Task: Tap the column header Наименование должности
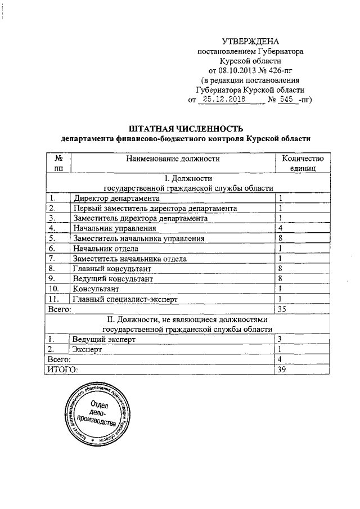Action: (x=173, y=159)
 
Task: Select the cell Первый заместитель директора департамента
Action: (x=155, y=208)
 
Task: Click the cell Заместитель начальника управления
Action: (x=138, y=238)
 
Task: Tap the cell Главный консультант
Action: (x=112, y=268)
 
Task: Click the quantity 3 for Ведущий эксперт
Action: (x=280, y=339)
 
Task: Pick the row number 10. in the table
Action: (x=55, y=289)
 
